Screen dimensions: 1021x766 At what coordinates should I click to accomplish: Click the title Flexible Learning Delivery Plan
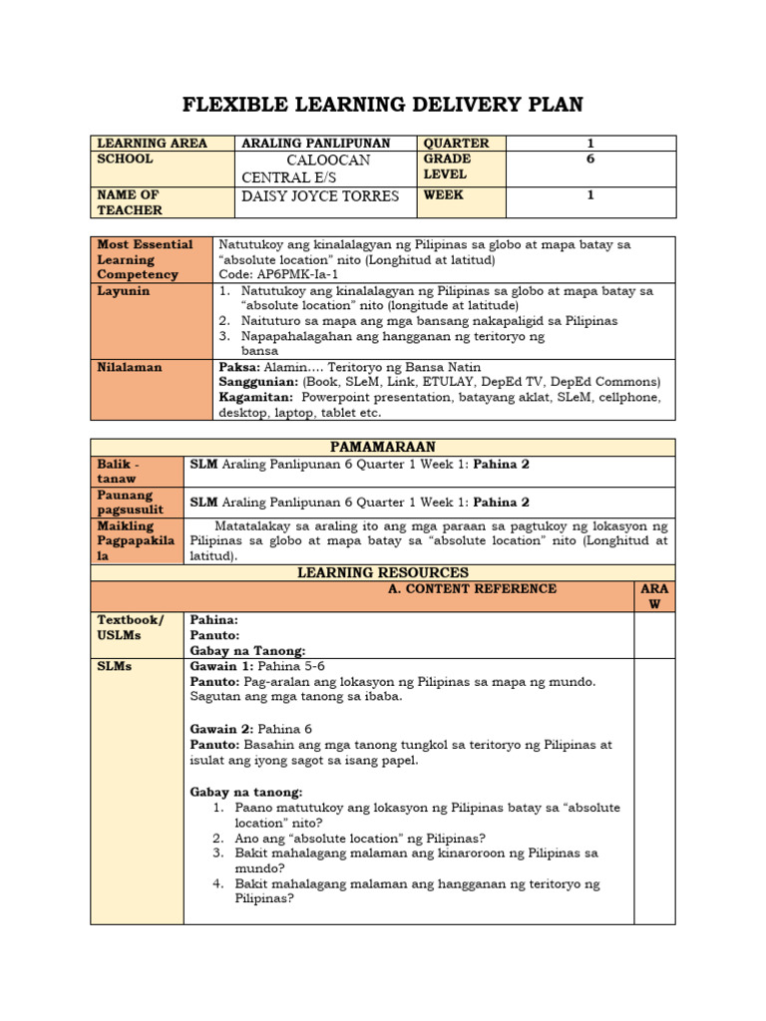pos(382,105)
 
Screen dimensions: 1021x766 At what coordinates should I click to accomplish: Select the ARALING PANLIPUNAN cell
pos(315,144)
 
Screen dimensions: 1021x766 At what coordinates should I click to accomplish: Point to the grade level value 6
pos(589,160)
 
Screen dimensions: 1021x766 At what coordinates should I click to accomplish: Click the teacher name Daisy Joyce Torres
pos(320,195)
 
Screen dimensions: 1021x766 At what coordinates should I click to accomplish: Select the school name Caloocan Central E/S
pos(305,169)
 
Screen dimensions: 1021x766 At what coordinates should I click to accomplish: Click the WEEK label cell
pos(443,195)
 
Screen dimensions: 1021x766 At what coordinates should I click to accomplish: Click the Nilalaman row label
pos(129,367)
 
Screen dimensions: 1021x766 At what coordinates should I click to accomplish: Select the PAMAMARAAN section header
pos(382,448)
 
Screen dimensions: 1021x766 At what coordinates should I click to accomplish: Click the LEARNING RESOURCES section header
pos(382,572)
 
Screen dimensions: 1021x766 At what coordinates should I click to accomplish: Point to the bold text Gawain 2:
pos(221,729)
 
